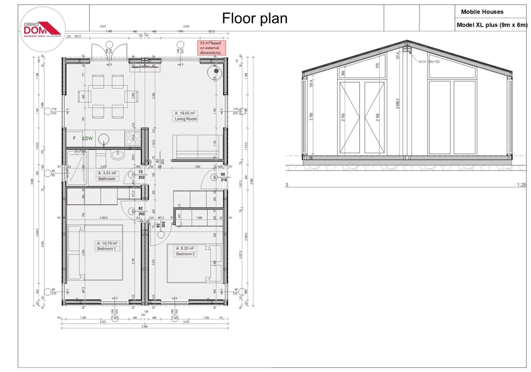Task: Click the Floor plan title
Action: click(255, 18)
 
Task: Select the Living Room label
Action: click(186, 119)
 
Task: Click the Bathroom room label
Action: click(107, 179)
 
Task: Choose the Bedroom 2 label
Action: click(185, 254)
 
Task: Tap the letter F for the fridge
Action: click(75, 138)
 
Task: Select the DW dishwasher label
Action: click(89, 138)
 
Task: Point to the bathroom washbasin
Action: click(117, 155)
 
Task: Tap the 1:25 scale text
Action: click(521, 185)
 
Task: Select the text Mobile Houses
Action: click(482, 12)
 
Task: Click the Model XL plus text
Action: click(492, 25)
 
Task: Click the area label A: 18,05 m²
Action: click(185, 113)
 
